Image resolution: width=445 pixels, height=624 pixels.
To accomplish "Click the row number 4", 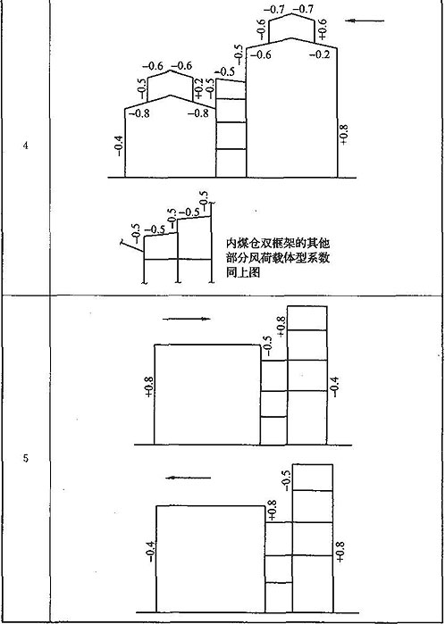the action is coord(25,146).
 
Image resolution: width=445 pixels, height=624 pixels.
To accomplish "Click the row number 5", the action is coord(25,459).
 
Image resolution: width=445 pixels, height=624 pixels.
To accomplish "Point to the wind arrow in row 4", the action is coord(365,21).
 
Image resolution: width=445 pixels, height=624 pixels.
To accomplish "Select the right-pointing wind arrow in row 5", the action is coord(186,319).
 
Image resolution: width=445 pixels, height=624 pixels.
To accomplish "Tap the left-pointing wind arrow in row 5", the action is coord(188,478).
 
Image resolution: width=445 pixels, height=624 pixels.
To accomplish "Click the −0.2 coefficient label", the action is coord(320,55).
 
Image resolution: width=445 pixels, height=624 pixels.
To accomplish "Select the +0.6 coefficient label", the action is coord(323,29).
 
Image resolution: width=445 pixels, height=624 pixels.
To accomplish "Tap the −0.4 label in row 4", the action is coord(119,146).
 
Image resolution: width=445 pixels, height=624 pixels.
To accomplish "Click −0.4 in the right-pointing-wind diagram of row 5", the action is coord(335,387).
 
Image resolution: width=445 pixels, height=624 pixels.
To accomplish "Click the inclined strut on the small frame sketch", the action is coord(131,245).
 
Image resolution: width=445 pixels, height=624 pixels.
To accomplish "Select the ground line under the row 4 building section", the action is coord(231,178).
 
